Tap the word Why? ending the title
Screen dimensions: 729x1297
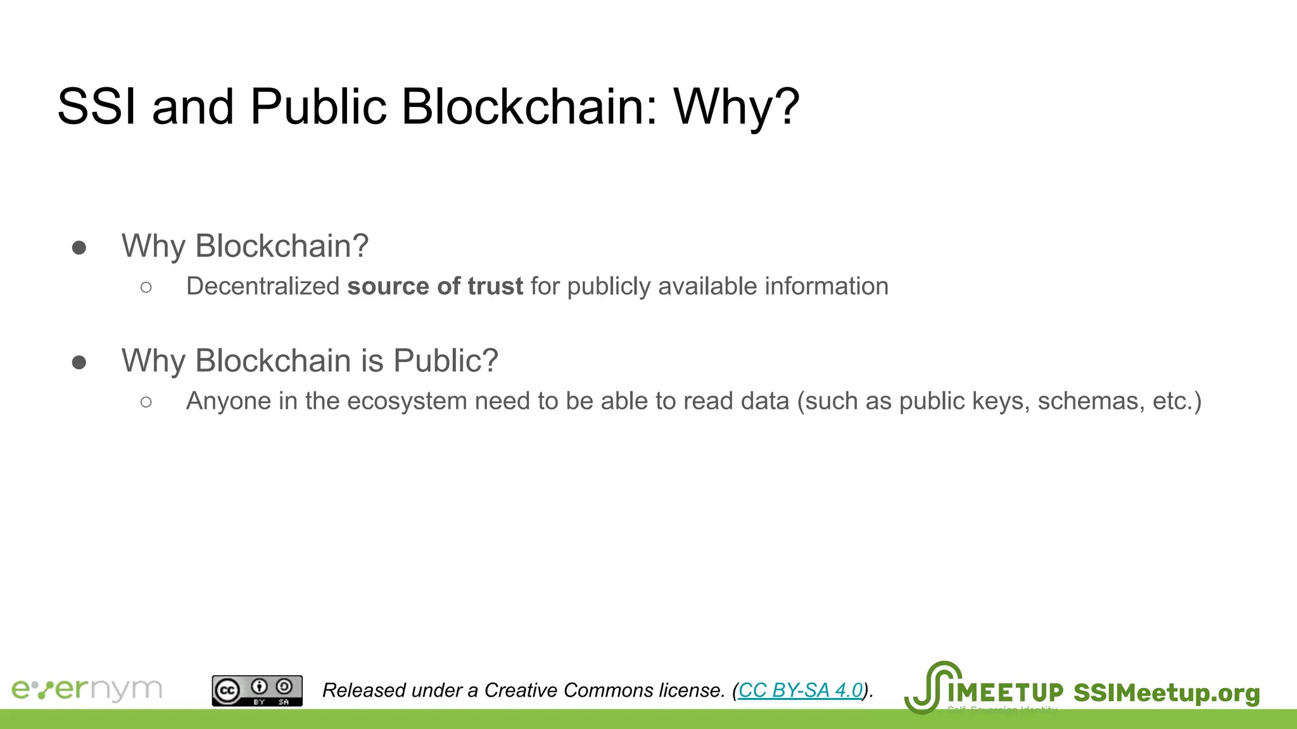coord(737,106)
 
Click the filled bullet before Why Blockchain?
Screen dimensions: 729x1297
coord(79,247)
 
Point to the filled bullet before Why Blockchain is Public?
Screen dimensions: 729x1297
coord(79,362)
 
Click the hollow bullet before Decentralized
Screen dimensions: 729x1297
coord(146,287)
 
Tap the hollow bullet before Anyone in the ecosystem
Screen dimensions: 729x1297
coord(146,402)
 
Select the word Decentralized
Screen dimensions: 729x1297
coord(263,286)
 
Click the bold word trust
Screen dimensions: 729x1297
coord(495,286)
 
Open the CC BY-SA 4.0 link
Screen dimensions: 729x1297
coord(800,690)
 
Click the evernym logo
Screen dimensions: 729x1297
coord(87,689)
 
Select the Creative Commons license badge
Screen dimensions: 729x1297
coord(257,690)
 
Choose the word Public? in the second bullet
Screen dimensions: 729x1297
coord(445,361)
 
